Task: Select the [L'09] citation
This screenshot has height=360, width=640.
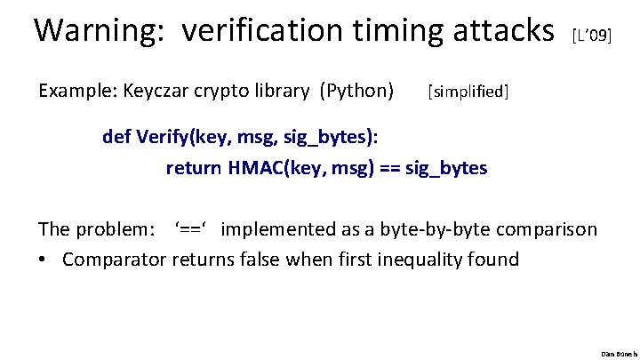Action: pyautogui.click(x=592, y=36)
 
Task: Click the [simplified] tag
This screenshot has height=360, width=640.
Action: pyautogui.click(x=468, y=92)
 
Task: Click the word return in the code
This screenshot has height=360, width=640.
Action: pyautogui.click(x=195, y=167)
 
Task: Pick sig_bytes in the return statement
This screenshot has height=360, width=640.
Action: pyautogui.click(x=446, y=167)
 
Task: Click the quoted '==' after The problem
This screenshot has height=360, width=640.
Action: pyautogui.click(x=192, y=229)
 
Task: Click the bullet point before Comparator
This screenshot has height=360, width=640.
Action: pyautogui.click(x=43, y=260)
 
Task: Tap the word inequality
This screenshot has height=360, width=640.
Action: pyautogui.click(x=421, y=260)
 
